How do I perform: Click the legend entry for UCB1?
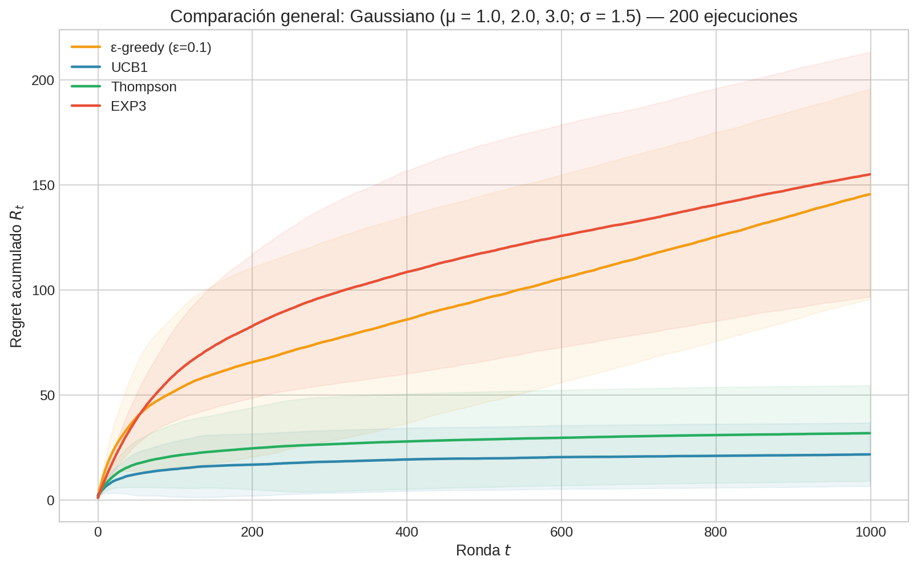[130, 67]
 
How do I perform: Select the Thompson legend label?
[144, 87]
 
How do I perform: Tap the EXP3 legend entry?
[128, 106]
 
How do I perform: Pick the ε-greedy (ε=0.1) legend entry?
[161, 48]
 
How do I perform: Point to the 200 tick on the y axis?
[43, 80]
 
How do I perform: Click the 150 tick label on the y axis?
[43, 185]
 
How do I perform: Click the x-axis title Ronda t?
[483, 551]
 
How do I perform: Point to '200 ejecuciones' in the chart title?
[733, 17]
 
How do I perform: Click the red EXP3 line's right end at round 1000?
[870, 175]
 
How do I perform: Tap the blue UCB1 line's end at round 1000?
[870, 454]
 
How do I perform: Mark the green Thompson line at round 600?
[561, 438]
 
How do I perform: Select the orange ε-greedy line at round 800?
[716, 236]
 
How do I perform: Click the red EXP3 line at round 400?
[407, 272]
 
